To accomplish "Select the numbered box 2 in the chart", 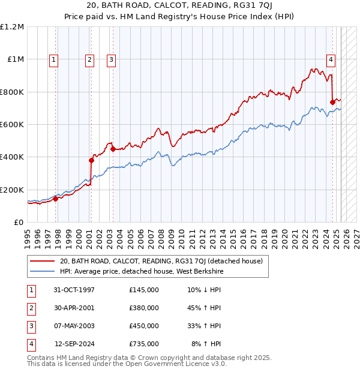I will pyautogui.click(x=89, y=59).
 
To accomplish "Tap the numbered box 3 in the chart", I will pyautogui.click(x=112, y=59).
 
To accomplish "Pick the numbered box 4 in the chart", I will pyautogui.click(x=331, y=59).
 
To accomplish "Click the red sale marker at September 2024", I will pyautogui.click(x=332, y=102).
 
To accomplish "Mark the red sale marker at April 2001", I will pyautogui.click(x=92, y=160).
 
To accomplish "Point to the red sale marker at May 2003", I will pyautogui.click(x=113, y=149).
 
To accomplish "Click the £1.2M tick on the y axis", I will pyautogui.click(x=12, y=27).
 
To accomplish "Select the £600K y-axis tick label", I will pyautogui.click(x=12, y=125).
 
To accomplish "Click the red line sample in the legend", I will pyautogui.click(x=42, y=261).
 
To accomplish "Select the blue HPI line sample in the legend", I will pyautogui.click(x=42, y=272).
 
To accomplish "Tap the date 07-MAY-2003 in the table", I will pyautogui.click(x=74, y=326).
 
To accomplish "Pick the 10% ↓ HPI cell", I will pyautogui.click(x=204, y=289).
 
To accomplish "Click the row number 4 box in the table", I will pyautogui.click(x=31, y=344).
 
